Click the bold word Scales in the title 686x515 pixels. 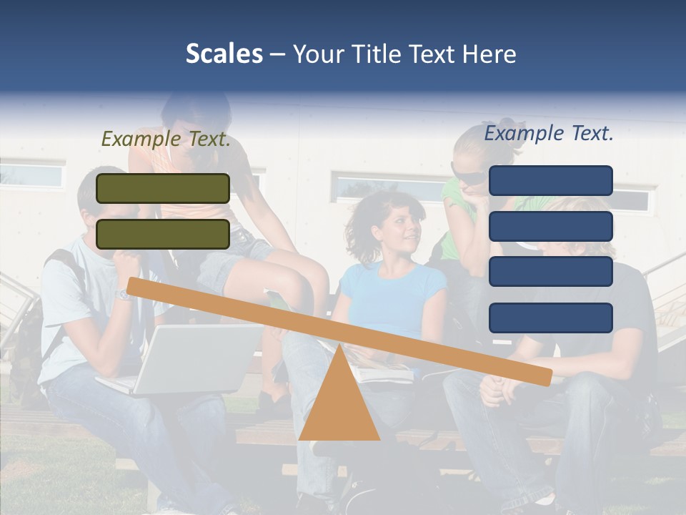(x=224, y=54)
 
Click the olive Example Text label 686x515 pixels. (x=166, y=139)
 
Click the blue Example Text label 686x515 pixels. (x=549, y=133)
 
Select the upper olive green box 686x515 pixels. (x=163, y=188)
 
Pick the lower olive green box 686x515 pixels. (x=163, y=234)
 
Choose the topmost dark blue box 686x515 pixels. (x=551, y=180)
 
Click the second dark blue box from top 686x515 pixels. (x=551, y=226)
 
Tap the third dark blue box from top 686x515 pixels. (x=551, y=272)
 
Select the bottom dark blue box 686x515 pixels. (x=551, y=318)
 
